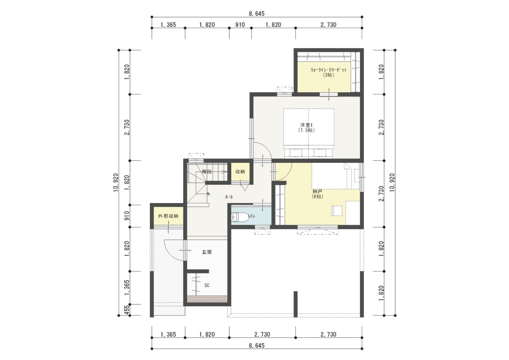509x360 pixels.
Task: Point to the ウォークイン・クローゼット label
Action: pyautogui.click(x=328, y=70)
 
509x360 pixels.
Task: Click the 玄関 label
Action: pyautogui.click(x=207, y=252)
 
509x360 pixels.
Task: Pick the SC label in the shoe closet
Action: pyautogui.click(x=207, y=285)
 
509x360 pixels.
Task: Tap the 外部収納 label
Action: pyautogui.click(x=168, y=216)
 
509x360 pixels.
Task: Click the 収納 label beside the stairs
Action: pyautogui.click(x=240, y=171)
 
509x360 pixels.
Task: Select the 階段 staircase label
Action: pyautogui.click(x=207, y=171)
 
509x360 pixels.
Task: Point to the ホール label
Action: pyautogui.click(x=229, y=197)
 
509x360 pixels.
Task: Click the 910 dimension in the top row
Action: pyautogui.click(x=240, y=25)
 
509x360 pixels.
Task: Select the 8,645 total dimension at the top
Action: pyautogui.click(x=257, y=14)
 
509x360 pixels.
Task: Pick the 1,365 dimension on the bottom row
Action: pyautogui.click(x=168, y=334)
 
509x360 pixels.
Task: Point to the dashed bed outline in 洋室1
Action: pyautogui.click(x=309, y=127)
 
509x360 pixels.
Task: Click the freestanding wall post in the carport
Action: pyautogui.click(x=295, y=304)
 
